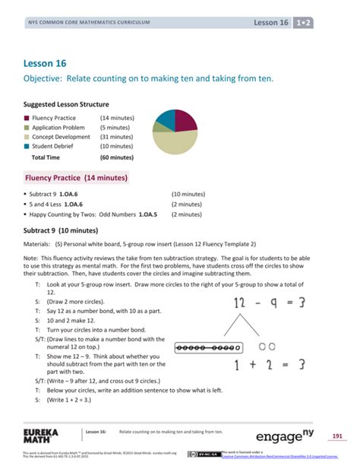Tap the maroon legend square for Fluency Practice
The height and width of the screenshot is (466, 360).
point(27,118)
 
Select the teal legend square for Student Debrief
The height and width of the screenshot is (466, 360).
point(27,146)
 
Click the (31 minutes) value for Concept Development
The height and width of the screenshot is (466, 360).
point(116,137)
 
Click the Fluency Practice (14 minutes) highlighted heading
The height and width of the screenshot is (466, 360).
point(76,178)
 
